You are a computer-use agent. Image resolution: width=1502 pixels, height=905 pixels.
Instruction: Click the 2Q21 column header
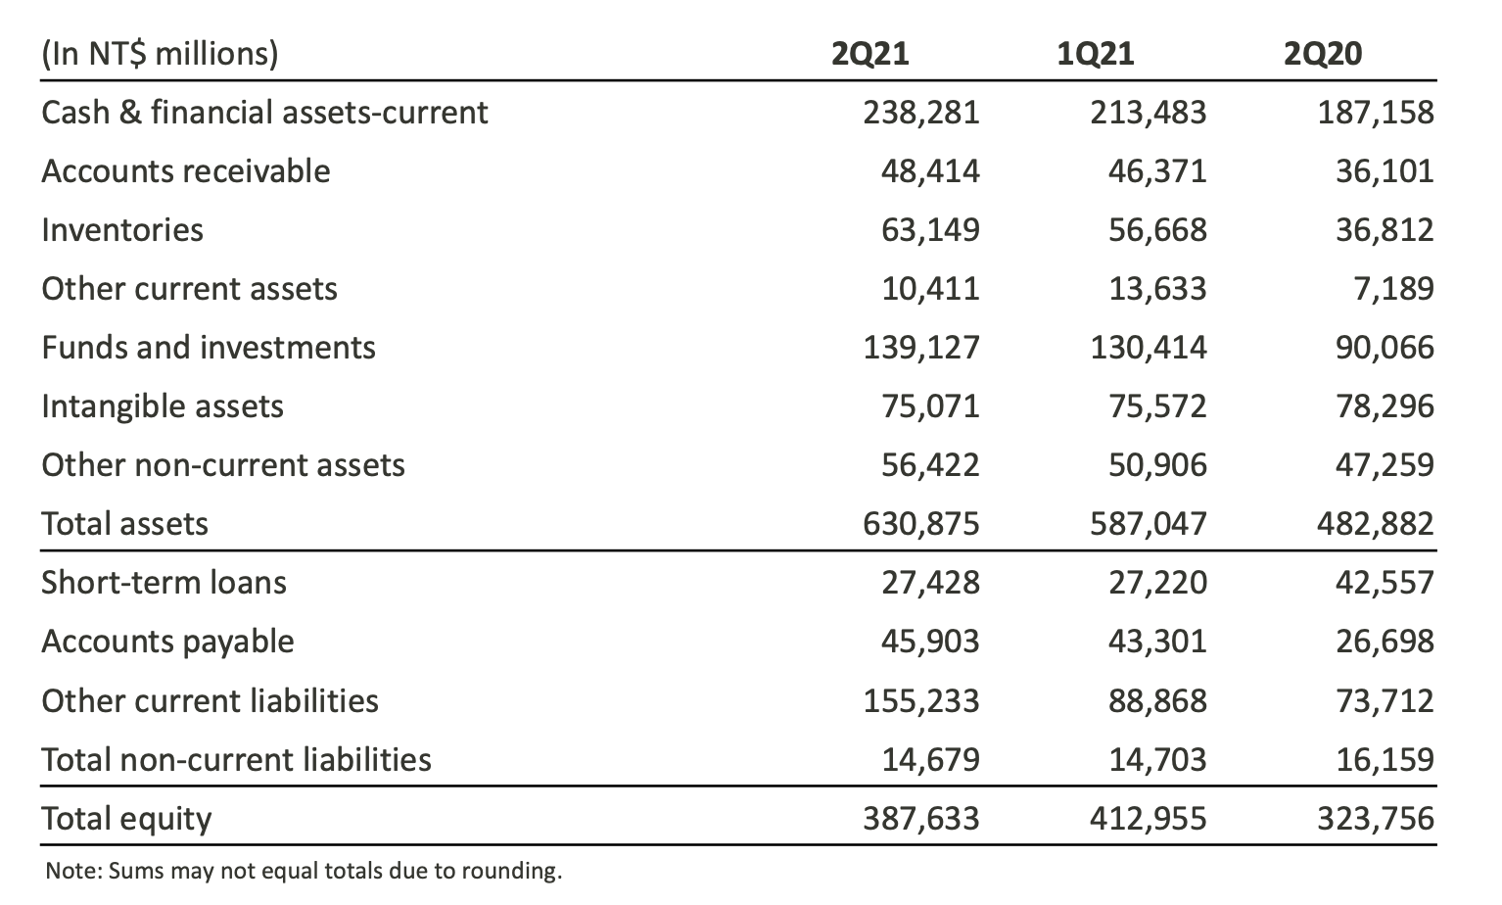point(869,53)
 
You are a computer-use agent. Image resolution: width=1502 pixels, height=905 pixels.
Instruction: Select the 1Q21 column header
point(1096,53)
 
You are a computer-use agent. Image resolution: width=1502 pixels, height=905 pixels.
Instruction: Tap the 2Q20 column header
point(1322,53)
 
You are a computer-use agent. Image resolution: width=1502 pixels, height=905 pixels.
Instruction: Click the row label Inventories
point(122,230)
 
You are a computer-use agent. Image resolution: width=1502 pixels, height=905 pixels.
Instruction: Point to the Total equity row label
point(126,819)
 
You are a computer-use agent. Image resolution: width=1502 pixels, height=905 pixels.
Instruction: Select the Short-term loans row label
point(164,583)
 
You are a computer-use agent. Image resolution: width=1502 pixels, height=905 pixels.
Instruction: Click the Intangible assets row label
point(163,406)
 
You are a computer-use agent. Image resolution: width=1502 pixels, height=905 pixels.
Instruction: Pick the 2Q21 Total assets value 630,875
point(920,524)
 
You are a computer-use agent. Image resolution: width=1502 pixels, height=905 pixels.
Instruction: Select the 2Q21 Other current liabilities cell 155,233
point(920,701)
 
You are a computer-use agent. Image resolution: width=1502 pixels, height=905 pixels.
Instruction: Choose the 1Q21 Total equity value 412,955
point(1148,819)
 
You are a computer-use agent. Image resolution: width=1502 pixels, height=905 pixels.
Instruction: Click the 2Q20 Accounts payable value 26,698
point(1385,642)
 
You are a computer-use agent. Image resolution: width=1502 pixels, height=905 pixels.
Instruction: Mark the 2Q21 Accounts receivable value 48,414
point(930,171)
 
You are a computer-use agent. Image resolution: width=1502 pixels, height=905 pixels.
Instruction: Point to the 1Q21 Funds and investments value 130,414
point(1148,348)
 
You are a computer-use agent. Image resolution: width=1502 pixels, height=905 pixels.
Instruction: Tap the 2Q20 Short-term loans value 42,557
point(1385,583)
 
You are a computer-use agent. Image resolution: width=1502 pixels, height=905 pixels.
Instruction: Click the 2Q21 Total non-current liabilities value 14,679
point(930,760)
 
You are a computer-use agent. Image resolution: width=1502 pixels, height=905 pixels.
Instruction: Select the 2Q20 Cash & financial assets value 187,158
point(1375,113)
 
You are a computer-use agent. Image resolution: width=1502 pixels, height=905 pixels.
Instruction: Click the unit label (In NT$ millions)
point(160,53)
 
